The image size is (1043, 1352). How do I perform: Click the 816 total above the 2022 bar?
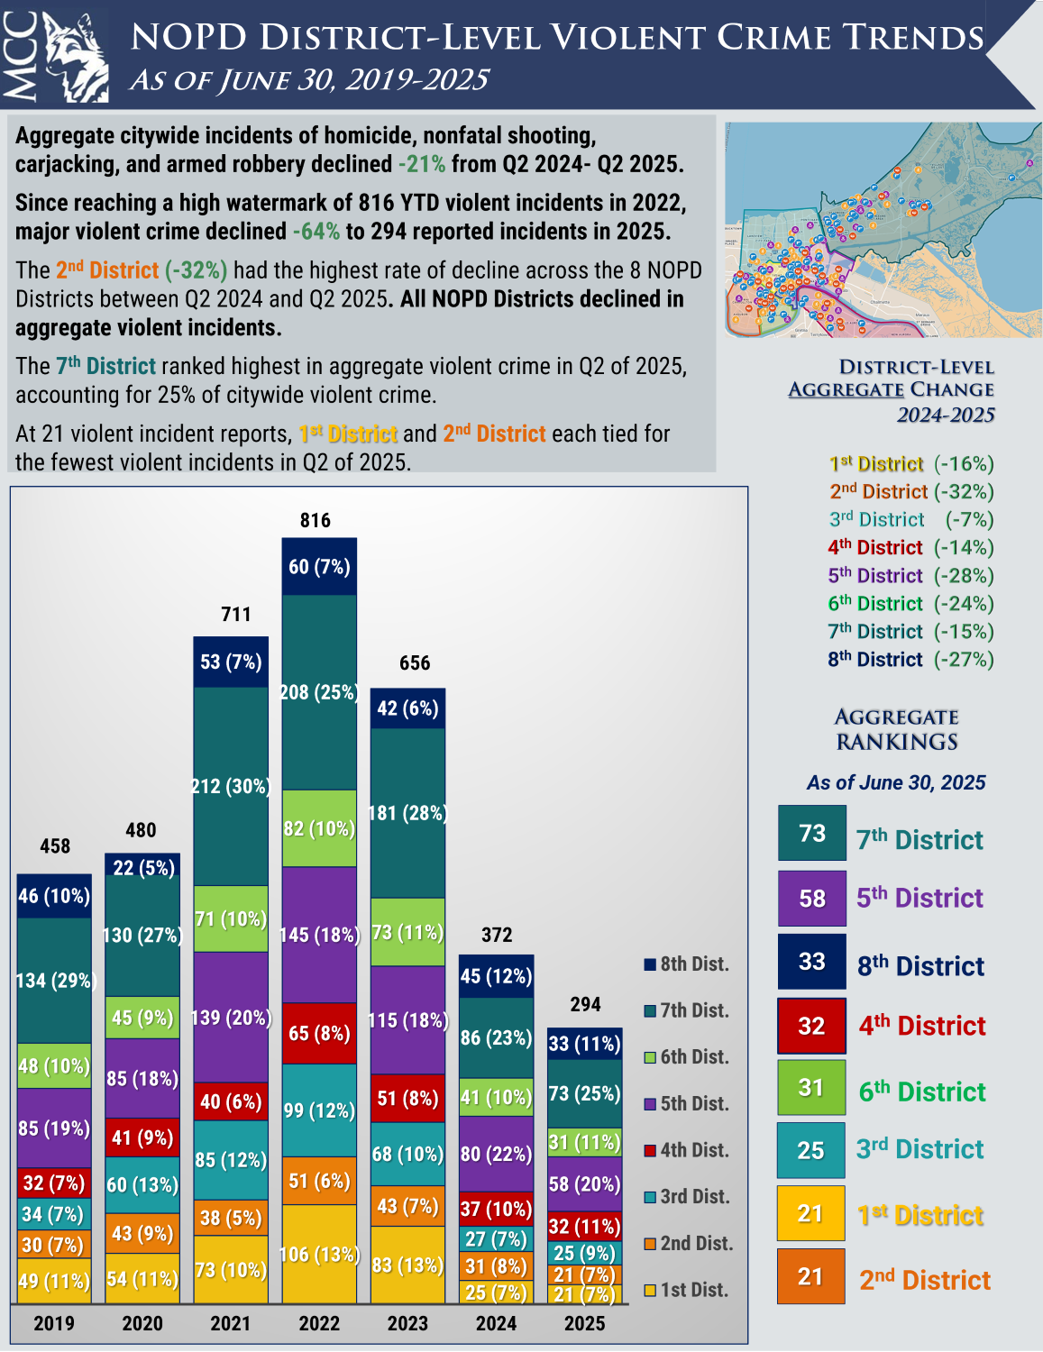coord(316,520)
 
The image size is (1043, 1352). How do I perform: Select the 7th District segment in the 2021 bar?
coord(231,786)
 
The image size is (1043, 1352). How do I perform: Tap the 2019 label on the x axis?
coord(54,1323)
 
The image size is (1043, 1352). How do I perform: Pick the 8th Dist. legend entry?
coord(686,964)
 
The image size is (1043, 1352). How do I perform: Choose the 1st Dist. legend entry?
coord(686,1290)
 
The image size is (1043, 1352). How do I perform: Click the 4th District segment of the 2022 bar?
coord(319,1033)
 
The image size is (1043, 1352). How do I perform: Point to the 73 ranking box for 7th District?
coord(812,833)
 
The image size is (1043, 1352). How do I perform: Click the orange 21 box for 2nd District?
coord(811,1276)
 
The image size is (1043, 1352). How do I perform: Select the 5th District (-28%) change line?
coord(910,575)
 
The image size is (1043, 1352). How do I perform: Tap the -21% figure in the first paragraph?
coord(421,164)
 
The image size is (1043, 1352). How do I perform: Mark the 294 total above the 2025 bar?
coord(585,1004)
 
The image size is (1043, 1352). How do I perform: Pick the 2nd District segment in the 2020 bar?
coord(142,1233)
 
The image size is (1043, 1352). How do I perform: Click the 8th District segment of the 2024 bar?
coord(496,976)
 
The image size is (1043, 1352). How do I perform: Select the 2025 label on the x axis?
coord(585,1323)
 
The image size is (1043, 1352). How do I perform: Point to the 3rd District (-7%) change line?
coord(910,519)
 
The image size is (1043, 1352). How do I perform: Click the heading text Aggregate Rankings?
coord(896,729)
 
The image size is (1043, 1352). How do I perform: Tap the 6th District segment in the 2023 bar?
coord(407,932)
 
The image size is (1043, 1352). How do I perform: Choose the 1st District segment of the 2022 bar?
coord(319,1254)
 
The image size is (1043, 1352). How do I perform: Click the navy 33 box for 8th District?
coord(812,962)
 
